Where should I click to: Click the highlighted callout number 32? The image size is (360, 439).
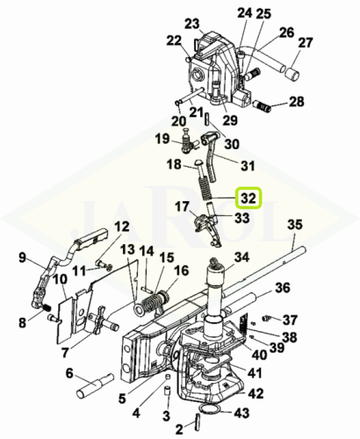(249, 198)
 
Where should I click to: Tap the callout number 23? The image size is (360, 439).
(192, 24)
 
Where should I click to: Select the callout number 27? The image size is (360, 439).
(306, 43)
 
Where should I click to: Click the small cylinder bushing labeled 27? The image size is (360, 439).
(292, 73)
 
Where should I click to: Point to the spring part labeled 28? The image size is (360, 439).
(262, 106)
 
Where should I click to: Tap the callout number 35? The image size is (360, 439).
(295, 226)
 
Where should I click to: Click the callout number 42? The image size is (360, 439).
(256, 393)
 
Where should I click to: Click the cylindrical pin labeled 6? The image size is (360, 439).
(94, 386)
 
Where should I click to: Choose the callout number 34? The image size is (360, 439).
(241, 258)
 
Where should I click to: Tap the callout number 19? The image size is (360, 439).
(162, 139)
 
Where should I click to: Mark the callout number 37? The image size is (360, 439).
(290, 320)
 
